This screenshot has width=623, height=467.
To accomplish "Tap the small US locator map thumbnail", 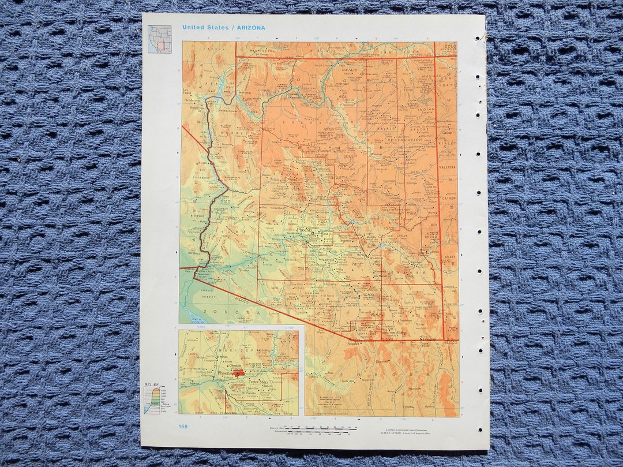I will point(159,39).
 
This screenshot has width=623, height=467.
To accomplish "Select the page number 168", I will point(182,427).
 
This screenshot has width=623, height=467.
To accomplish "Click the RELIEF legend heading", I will point(151,384).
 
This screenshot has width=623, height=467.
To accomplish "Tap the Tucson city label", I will point(367,294).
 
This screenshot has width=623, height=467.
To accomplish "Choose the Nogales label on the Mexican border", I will point(352,343).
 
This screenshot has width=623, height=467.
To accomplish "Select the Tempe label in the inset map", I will point(253,382).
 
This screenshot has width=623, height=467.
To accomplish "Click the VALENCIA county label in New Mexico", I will point(448,167).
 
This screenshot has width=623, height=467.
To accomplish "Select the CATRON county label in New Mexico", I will point(449,198).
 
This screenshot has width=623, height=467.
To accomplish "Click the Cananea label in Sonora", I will point(381,361).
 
